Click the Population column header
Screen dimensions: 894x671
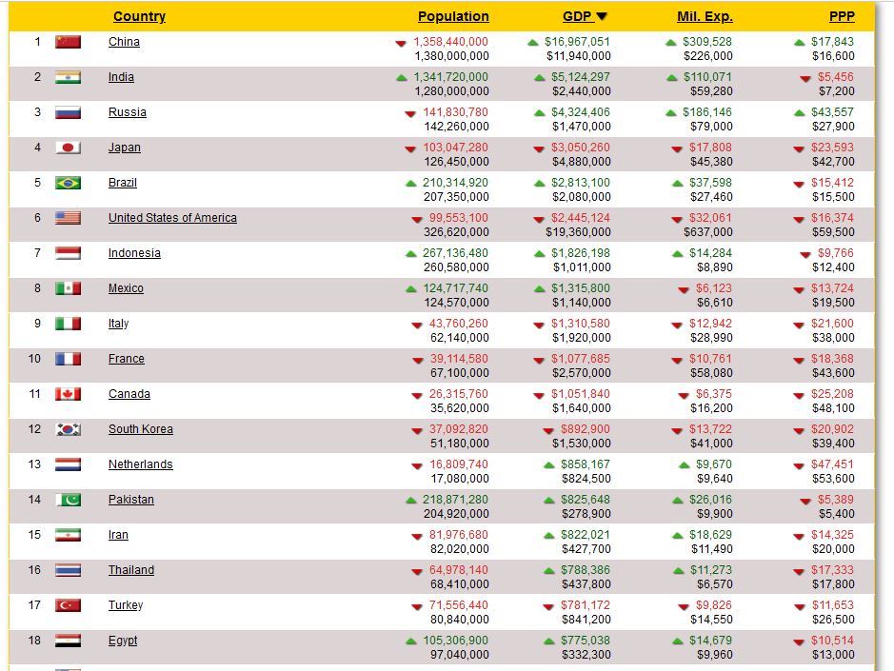pos(453,16)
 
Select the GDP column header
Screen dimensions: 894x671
pos(578,16)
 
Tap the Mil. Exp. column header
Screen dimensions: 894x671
pos(705,16)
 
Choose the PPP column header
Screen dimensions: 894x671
pos(843,16)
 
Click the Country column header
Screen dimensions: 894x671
pos(139,16)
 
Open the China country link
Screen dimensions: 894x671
pos(124,42)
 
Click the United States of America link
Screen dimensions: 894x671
pos(172,218)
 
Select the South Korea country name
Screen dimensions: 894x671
pos(140,429)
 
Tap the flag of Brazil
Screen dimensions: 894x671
pos(68,183)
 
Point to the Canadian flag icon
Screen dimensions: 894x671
pos(68,394)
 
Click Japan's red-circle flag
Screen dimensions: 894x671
pos(68,148)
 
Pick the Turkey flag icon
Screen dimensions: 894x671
pos(68,605)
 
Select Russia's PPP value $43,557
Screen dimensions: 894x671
pos(832,112)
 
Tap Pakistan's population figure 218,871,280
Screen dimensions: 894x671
pos(455,500)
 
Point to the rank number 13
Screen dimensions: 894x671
pos(35,464)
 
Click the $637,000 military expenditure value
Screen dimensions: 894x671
pos(708,232)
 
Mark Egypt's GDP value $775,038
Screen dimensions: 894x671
pos(585,641)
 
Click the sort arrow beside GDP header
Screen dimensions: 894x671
pos(602,16)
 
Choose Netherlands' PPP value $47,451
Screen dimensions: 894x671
pos(832,464)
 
